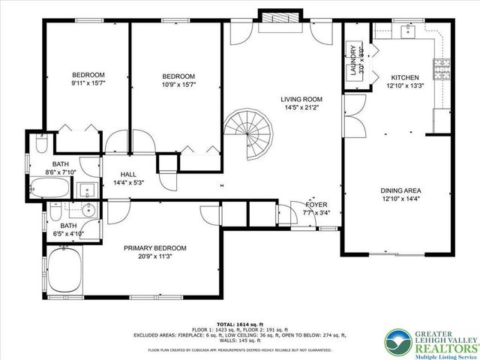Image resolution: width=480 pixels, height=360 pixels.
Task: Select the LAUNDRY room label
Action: coord(351,61)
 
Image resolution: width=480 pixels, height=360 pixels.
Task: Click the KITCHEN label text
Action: coord(405,77)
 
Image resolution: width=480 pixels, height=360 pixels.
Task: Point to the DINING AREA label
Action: coord(401,191)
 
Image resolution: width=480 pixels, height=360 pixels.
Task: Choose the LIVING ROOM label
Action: coord(301,99)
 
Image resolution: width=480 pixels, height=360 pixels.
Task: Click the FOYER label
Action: coord(315,204)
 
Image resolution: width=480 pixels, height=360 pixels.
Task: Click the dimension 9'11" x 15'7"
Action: coord(88,83)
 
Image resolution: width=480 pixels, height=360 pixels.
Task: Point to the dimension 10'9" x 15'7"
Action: coord(178,85)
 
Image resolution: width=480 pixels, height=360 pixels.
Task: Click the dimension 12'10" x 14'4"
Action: coord(401,199)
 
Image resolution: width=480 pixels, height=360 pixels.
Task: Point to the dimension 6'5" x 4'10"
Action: coord(68,233)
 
